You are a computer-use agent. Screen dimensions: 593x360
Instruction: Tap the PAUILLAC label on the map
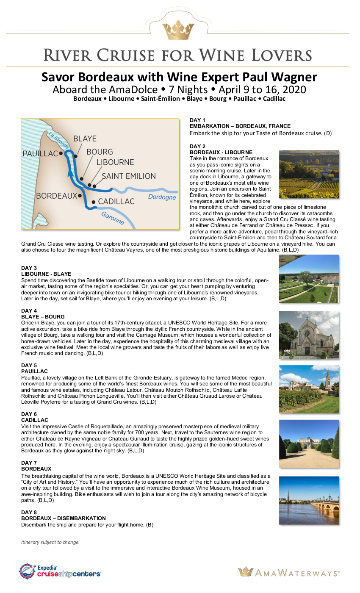pos(40,154)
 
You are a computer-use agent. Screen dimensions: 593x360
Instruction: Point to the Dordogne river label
pos(162,197)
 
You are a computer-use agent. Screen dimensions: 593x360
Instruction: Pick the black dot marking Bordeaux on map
pos(80,196)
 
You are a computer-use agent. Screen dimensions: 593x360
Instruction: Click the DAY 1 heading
pos(197,120)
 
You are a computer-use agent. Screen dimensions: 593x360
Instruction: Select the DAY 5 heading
pos(29,365)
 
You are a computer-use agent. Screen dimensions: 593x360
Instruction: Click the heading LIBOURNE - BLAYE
pos(46,274)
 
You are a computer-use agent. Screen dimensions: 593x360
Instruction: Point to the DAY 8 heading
pos(29,512)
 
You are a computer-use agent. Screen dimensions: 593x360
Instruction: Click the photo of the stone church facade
pos(309,335)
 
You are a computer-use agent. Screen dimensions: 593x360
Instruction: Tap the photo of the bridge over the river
pos(309,500)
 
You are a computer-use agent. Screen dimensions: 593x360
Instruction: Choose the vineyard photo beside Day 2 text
pos(309,174)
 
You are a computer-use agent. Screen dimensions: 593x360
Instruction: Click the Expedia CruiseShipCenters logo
pos(60,571)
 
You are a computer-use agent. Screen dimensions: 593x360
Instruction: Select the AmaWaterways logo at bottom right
pos(289,573)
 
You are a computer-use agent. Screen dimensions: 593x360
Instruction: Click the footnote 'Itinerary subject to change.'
pos(50,542)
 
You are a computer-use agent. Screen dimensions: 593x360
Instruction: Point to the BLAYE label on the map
pos(85,139)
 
